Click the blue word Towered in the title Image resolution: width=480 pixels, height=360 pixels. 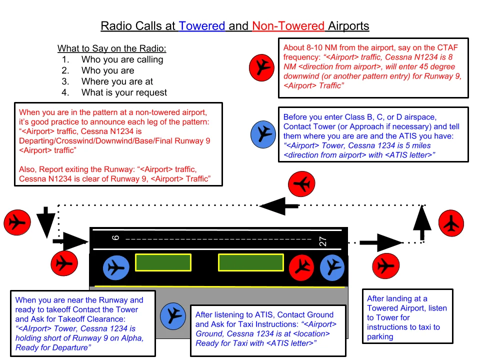point(202,26)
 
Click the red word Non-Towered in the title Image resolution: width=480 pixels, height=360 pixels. point(288,26)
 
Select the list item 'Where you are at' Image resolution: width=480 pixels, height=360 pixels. point(117,81)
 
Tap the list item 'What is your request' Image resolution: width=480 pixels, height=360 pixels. point(124,92)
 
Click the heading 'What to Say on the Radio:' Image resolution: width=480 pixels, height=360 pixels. point(111,48)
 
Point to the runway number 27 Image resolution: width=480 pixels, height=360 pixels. point(322,241)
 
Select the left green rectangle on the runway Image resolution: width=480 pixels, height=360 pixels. point(163,263)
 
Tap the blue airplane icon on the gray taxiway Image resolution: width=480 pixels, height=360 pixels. point(173,315)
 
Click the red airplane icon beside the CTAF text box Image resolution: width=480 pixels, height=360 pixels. point(262,67)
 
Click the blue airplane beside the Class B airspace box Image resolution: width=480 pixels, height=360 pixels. point(263,133)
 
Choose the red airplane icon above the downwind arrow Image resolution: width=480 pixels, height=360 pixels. point(302,184)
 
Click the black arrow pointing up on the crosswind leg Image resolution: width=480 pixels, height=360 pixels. point(422,221)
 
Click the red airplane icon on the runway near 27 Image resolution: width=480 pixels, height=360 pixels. point(301,267)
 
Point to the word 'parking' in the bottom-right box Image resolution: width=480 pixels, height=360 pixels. point(380,336)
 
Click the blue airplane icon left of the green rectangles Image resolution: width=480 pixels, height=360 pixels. point(116,267)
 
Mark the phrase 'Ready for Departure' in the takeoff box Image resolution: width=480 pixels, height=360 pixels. point(53,347)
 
